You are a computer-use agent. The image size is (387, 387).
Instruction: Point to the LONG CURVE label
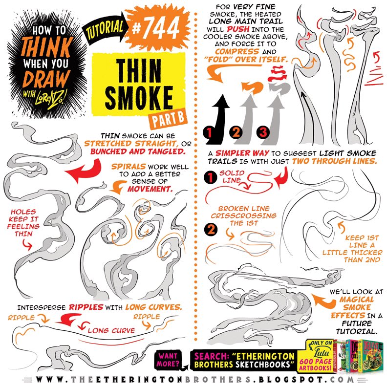(111, 330)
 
